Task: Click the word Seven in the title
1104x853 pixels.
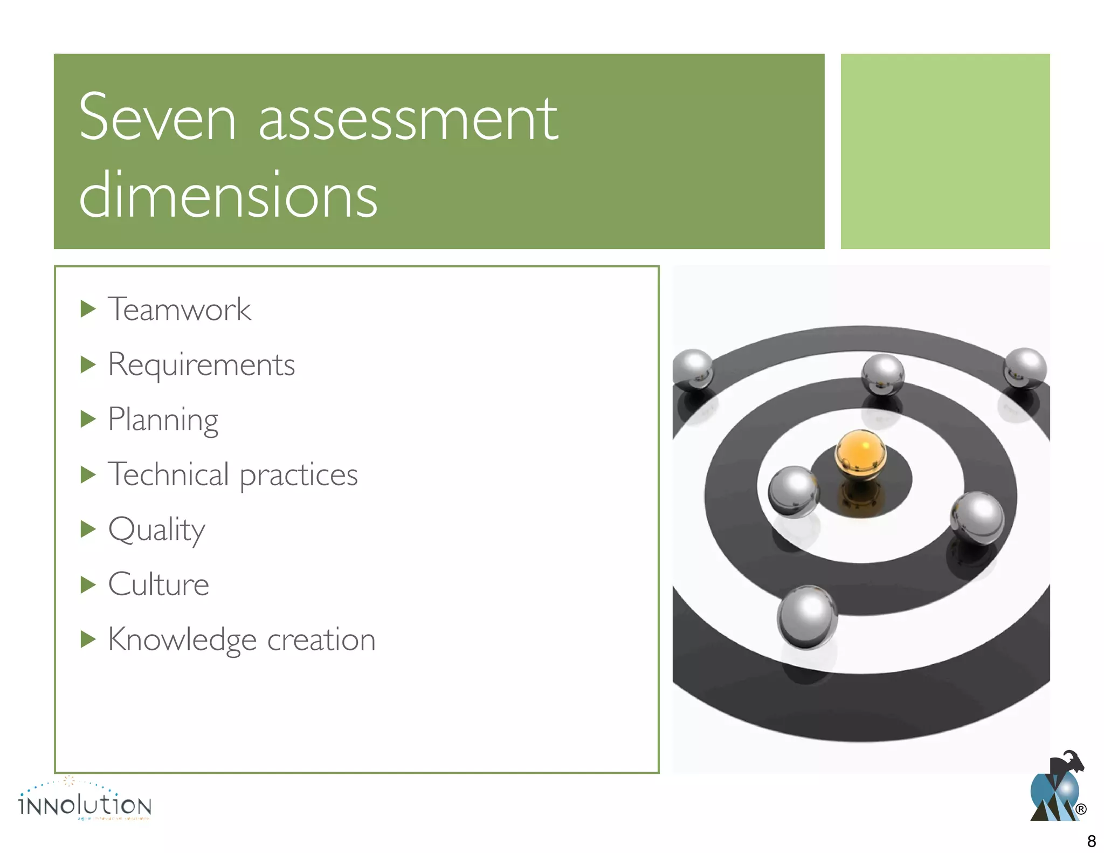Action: (157, 118)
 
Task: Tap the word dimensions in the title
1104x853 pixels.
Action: (228, 195)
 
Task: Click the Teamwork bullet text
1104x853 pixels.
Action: (180, 309)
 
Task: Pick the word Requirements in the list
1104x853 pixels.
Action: (201, 366)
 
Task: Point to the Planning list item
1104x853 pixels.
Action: (163, 420)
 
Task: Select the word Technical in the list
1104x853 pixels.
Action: (168, 474)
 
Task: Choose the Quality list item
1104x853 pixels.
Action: (156, 531)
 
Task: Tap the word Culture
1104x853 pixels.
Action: (158, 584)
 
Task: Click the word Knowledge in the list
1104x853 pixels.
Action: (182, 640)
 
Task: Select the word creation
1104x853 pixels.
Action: (321, 640)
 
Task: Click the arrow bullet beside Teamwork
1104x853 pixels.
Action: (88, 309)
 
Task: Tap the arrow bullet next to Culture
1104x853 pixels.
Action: (88, 584)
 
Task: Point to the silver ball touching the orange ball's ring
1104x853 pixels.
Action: (793, 491)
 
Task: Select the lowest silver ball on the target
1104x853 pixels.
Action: (807, 616)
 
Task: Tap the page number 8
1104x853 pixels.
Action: (1091, 841)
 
